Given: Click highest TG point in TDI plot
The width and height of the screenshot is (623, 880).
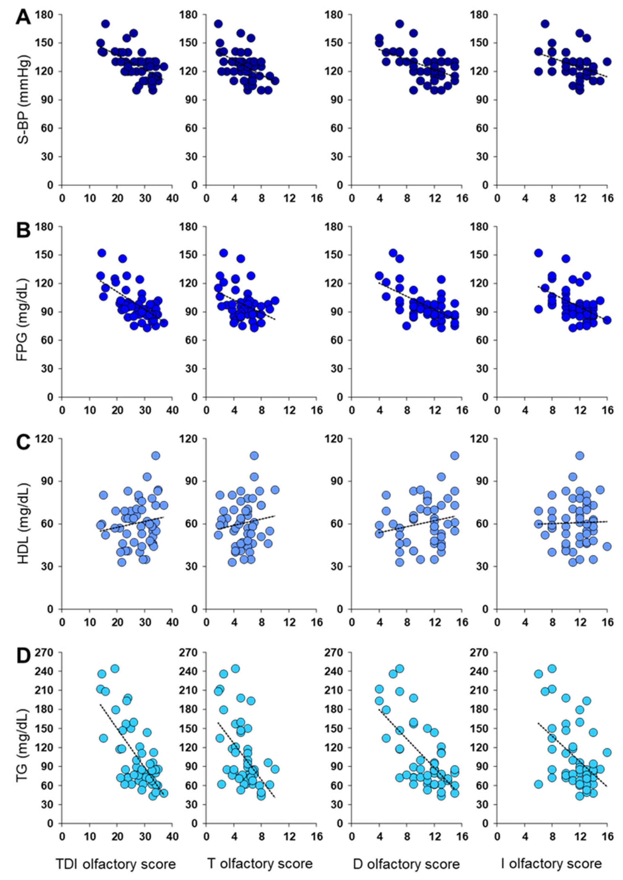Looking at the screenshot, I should (x=115, y=669).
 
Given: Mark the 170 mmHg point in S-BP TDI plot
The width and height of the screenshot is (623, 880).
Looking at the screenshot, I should (x=105, y=24).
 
